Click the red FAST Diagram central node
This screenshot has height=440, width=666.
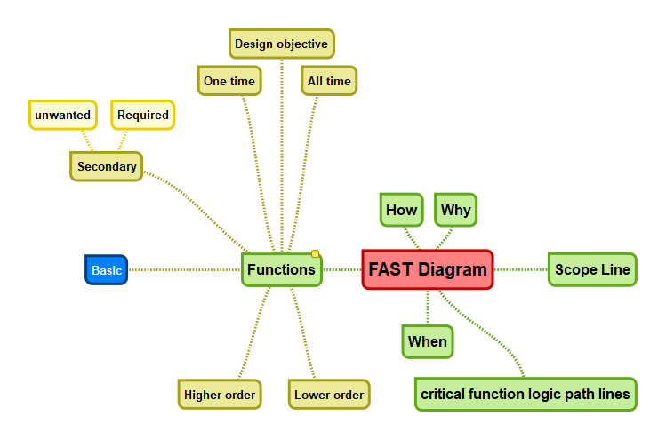[427, 269]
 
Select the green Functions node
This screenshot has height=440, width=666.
[281, 269]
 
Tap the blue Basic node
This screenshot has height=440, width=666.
[107, 270]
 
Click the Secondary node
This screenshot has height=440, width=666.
[107, 166]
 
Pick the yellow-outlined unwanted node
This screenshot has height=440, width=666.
[62, 115]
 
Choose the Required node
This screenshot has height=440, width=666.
[142, 115]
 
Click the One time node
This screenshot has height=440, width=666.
[229, 81]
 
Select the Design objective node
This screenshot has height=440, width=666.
[281, 44]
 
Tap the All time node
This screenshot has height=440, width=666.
[329, 81]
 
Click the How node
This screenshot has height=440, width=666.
[401, 211]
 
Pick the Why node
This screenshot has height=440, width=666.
[455, 211]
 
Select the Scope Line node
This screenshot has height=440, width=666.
[592, 269]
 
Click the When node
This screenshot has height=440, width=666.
[427, 341]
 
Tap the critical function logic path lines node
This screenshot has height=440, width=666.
[526, 394]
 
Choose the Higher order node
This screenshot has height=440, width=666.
[220, 395]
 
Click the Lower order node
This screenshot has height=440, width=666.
[328, 395]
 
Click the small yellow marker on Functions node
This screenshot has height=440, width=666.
[315, 254]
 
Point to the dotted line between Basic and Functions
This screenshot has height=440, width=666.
[185, 269]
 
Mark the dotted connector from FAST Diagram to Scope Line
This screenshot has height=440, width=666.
[520, 269]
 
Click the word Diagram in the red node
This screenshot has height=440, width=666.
[453, 269]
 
